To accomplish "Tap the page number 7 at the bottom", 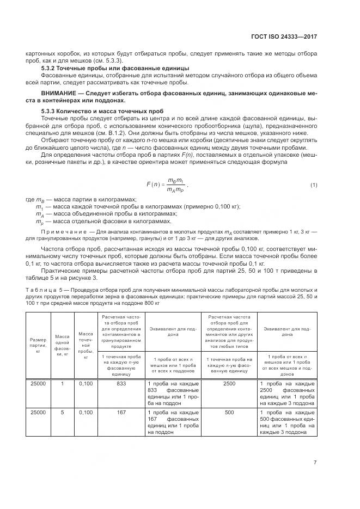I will [315, 463].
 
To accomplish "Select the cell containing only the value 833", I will [121, 384].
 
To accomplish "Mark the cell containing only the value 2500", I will [229, 384].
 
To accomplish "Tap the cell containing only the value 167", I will [121, 413].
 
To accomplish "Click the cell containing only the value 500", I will [229, 413].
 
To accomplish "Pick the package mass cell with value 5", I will [62, 413].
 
